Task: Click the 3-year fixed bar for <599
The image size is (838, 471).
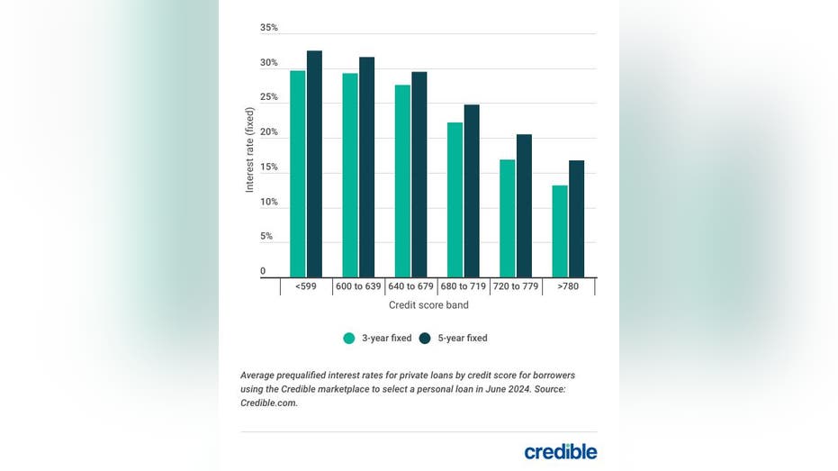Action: tap(297, 174)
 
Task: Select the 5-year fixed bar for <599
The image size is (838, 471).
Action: tap(314, 164)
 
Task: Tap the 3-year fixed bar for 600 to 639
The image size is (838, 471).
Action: tap(349, 176)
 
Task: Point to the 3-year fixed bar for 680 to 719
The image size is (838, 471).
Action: tap(455, 200)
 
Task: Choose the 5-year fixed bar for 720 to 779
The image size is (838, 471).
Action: tap(524, 205)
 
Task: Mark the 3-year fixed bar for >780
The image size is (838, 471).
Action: tap(560, 231)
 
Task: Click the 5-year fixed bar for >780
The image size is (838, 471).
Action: tap(577, 219)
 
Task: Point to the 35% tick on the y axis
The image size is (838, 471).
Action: tap(269, 28)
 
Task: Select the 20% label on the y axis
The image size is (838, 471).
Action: tap(269, 132)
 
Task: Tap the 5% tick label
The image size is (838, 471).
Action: tap(266, 237)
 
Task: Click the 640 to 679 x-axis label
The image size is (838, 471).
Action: tap(410, 286)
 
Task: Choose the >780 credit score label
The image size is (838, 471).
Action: tap(568, 286)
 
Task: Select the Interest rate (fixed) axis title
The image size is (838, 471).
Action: tap(250, 149)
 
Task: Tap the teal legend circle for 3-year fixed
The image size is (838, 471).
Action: tap(349, 339)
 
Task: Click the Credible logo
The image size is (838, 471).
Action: tap(560, 451)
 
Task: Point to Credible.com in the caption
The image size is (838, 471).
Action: tap(268, 403)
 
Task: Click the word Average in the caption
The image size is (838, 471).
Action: tap(260, 375)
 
